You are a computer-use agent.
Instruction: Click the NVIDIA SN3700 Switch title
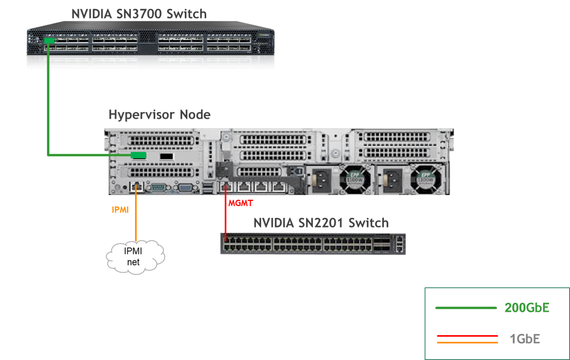[139, 14]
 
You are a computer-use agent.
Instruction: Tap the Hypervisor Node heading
[160, 115]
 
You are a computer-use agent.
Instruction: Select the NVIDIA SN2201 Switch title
[321, 223]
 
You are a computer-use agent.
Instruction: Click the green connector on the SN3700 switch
[49, 40]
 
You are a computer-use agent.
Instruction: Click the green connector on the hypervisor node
[139, 155]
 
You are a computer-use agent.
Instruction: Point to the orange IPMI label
[120, 210]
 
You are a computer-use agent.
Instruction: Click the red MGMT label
[240, 203]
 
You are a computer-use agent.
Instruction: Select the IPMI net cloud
[135, 257]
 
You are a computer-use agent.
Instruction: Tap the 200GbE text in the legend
[527, 307]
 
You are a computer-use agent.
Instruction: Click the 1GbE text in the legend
[525, 339]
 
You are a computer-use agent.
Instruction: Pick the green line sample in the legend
[466, 308]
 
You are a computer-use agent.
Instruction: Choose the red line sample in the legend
[467, 336]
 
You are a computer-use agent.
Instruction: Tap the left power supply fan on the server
[355, 180]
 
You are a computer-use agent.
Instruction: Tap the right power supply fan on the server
[426, 180]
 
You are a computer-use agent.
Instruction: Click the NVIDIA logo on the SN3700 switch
[264, 35]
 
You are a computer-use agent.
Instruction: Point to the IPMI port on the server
[136, 186]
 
